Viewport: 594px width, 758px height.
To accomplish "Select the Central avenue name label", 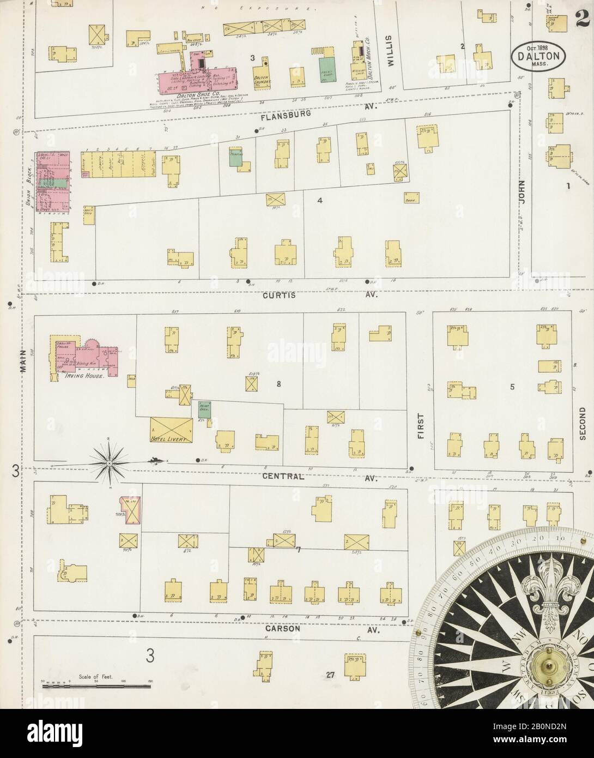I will [x=282, y=476].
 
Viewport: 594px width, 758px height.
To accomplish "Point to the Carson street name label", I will [x=283, y=628].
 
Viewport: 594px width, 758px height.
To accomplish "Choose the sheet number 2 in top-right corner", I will [x=580, y=17].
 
